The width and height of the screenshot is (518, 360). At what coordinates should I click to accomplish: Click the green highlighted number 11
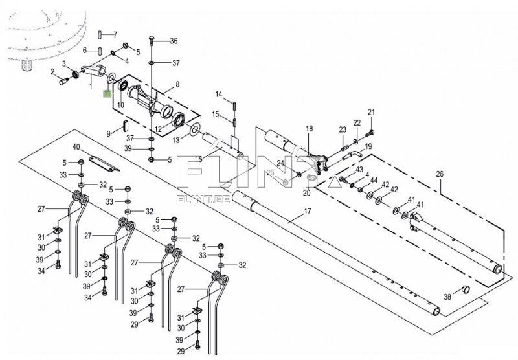pyautogui.click(x=107, y=93)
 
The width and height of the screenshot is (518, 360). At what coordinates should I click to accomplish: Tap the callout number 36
pyautogui.click(x=174, y=41)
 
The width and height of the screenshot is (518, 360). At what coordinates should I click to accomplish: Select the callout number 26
pyautogui.click(x=440, y=174)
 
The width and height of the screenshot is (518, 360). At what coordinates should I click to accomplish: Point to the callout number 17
pyautogui.click(x=307, y=211)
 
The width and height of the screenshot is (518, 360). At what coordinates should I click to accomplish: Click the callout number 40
pyautogui.click(x=76, y=147)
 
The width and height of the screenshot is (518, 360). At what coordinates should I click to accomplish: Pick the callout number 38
pyautogui.click(x=447, y=297)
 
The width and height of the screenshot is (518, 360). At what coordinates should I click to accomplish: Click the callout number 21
pyautogui.click(x=372, y=112)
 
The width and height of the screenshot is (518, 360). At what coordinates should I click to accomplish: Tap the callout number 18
pyautogui.click(x=310, y=128)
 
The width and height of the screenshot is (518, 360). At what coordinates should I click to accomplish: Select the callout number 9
pyautogui.click(x=108, y=134)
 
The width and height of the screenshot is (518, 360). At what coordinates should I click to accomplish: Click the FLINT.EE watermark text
pyautogui.click(x=203, y=199)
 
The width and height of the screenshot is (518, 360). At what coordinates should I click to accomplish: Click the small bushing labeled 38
pyautogui.click(x=465, y=289)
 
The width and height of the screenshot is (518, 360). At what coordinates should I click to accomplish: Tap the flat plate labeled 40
pyautogui.click(x=104, y=164)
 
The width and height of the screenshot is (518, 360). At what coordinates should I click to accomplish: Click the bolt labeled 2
pyautogui.click(x=63, y=80)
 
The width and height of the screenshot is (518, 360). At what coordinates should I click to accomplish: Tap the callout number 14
pyautogui.click(x=219, y=95)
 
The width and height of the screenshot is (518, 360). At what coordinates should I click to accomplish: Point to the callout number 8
pyautogui.click(x=177, y=84)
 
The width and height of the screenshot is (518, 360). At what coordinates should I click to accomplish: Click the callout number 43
pyautogui.click(x=359, y=170)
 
